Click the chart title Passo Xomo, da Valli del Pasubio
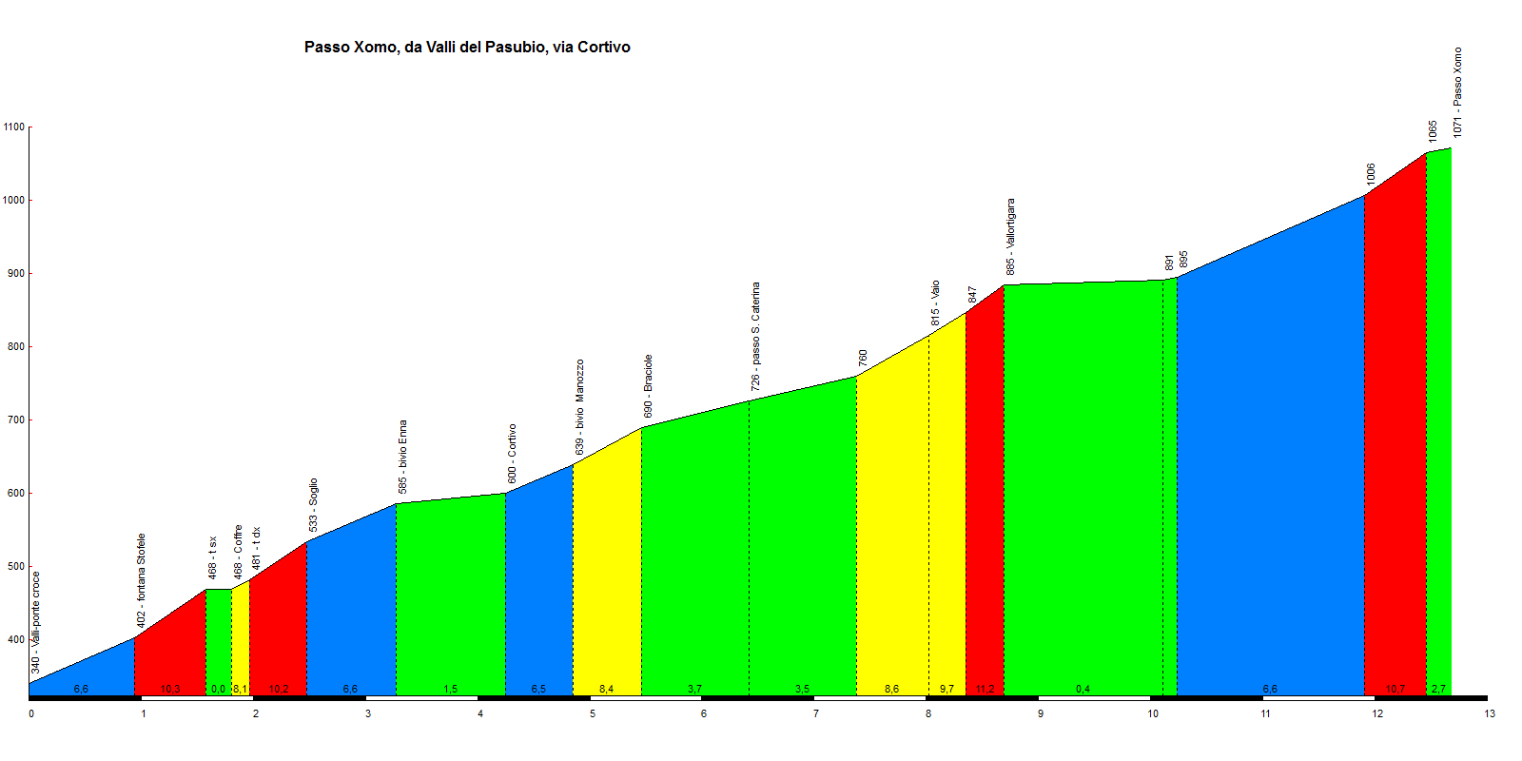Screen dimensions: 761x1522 coord(467,47)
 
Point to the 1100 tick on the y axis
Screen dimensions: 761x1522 coord(14,127)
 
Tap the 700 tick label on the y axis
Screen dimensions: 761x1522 coord(14,420)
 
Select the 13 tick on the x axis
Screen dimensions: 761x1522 coord(1490,713)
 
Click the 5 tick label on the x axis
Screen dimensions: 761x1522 coord(593,713)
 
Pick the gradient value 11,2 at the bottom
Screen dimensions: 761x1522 coord(985,689)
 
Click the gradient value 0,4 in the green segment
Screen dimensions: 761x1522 coord(1083,689)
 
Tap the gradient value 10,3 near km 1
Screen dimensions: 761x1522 coord(170,689)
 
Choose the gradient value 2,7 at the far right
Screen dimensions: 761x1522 coord(1438,689)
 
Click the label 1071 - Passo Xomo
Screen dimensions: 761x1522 coord(1457,92)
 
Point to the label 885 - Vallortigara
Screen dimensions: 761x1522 coord(1011,237)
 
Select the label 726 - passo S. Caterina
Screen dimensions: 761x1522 coord(755,336)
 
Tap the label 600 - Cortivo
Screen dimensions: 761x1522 coord(512,454)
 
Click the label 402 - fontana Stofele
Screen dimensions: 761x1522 coord(141,580)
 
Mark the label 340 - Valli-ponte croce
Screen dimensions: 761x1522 coord(35,622)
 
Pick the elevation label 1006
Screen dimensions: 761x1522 coord(1371,174)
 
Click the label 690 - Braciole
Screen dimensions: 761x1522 coord(648,386)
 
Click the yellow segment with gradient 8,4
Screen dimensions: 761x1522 coord(607,571)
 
